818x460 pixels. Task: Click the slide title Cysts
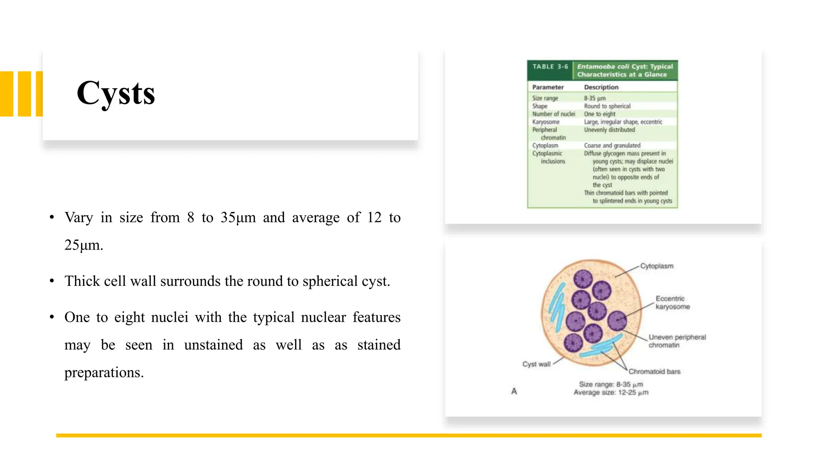point(116,93)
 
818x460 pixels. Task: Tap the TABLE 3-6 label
point(550,67)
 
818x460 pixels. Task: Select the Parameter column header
point(548,87)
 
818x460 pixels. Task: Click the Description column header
point(601,87)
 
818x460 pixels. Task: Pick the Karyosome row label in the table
point(546,122)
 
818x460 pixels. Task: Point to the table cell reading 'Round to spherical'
point(607,106)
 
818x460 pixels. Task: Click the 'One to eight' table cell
point(600,114)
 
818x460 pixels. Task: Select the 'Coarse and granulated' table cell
point(612,145)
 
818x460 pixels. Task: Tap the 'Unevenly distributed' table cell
point(609,130)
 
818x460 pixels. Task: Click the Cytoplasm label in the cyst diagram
point(657,266)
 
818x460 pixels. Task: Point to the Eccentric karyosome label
point(673,303)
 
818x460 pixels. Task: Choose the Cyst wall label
point(536,364)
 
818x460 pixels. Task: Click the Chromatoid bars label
point(654,371)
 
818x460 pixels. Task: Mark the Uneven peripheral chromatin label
point(677,341)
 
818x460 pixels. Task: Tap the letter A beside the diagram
point(514,391)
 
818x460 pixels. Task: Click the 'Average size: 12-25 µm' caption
point(611,393)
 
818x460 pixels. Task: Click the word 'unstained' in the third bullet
point(213,345)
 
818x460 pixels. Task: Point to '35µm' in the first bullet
point(238,218)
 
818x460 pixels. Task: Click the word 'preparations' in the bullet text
point(103,372)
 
